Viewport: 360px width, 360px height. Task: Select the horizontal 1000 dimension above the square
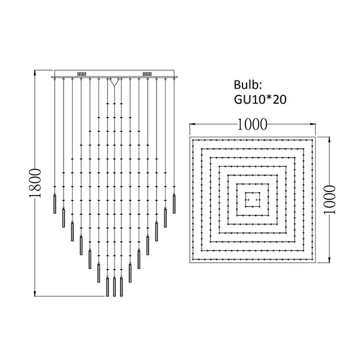253,124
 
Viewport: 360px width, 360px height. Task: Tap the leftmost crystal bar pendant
55,205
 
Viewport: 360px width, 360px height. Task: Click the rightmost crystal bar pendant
174,205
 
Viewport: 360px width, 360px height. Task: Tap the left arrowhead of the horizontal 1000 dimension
192,124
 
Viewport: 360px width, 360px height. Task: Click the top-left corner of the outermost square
191,137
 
